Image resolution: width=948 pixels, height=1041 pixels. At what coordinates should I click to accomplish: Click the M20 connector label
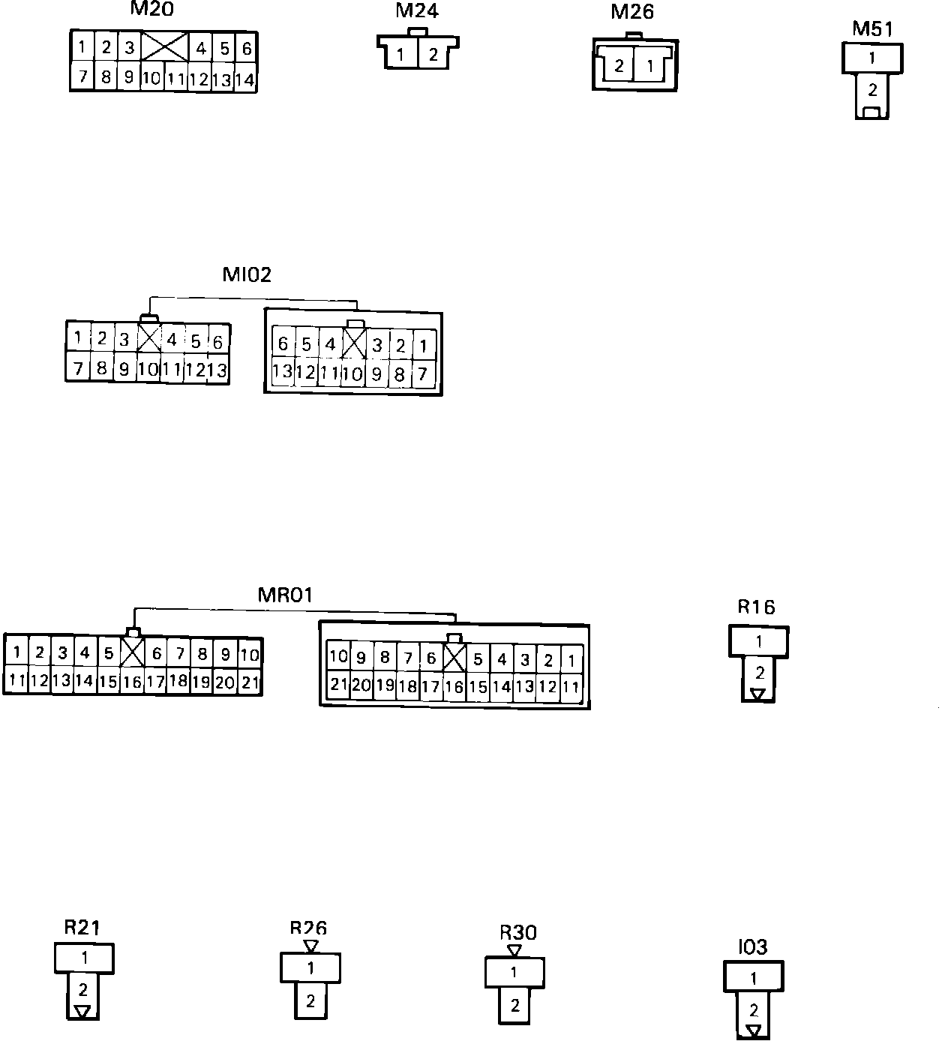[x=151, y=10]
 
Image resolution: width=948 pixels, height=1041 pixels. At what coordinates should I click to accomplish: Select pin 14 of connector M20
[x=244, y=79]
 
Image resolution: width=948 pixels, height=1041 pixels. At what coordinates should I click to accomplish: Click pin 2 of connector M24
[x=433, y=55]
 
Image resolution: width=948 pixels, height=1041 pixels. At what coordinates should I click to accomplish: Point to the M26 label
[x=632, y=12]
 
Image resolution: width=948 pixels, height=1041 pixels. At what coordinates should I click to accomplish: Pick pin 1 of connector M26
[x=649, y=66]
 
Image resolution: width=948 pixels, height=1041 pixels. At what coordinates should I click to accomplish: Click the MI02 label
[x=247, y=274]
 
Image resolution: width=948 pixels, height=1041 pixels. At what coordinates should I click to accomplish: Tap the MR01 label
[x=285, y=595]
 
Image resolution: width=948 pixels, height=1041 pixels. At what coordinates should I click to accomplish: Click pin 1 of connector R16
[x=759, y=642]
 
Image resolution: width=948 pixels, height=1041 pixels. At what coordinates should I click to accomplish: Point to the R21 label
[x=82, y=928]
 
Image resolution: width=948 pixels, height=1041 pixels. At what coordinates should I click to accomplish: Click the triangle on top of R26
[x=310, y=946]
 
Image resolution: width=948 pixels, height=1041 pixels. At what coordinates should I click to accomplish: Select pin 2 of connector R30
[x=514, y=1005]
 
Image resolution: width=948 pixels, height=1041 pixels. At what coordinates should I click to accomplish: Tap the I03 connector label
[x=752, y=947]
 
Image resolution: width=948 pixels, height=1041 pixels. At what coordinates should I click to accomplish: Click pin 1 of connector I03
[x=754, y=978]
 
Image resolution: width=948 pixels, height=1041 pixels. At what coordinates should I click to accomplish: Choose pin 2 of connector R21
[x=83, y=990]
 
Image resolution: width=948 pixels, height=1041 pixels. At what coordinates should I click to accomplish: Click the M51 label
[x=872, y=29]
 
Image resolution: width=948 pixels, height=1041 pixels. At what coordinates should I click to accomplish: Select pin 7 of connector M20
[x=83, y=76]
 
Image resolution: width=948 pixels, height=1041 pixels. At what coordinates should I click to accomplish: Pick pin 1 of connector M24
[x=401, y=55]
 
